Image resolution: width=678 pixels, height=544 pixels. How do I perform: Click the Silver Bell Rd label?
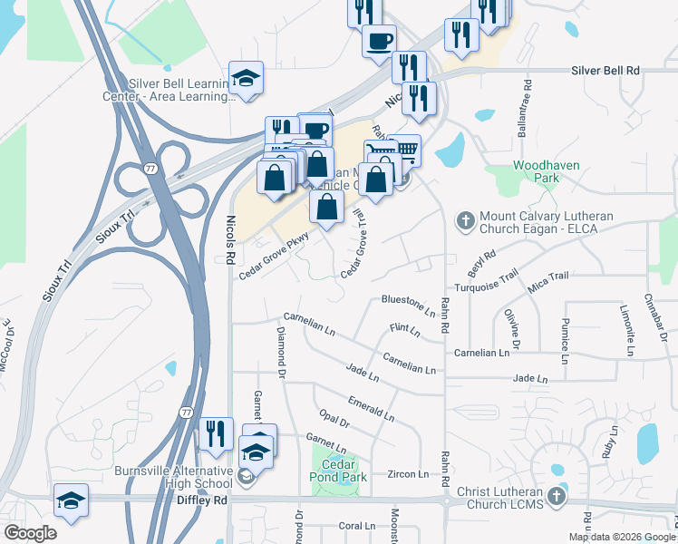click(x=605, y=70)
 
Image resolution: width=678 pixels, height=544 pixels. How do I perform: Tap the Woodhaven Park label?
click(x=539, y=172)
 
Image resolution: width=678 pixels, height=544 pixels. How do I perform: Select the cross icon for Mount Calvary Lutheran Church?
click(x=465, y=219)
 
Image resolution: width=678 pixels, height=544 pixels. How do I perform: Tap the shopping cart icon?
click(x=404, y=149)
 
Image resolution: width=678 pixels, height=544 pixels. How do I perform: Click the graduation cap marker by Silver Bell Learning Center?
click(x=246, y=79)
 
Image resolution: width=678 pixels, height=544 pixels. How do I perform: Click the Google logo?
click(x=31, y=532)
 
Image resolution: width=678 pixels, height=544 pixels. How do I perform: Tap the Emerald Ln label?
click(x=371, y=409)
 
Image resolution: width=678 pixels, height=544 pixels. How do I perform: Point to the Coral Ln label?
click(x=356, y=526)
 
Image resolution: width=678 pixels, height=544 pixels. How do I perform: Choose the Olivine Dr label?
click(x=513, y=330)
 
